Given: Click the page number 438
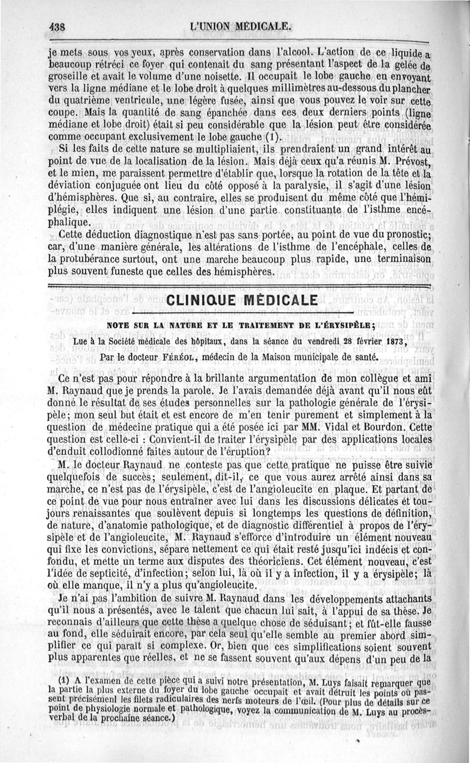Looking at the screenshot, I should pos(57,26).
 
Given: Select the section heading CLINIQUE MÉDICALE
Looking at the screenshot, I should pos(241,301).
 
